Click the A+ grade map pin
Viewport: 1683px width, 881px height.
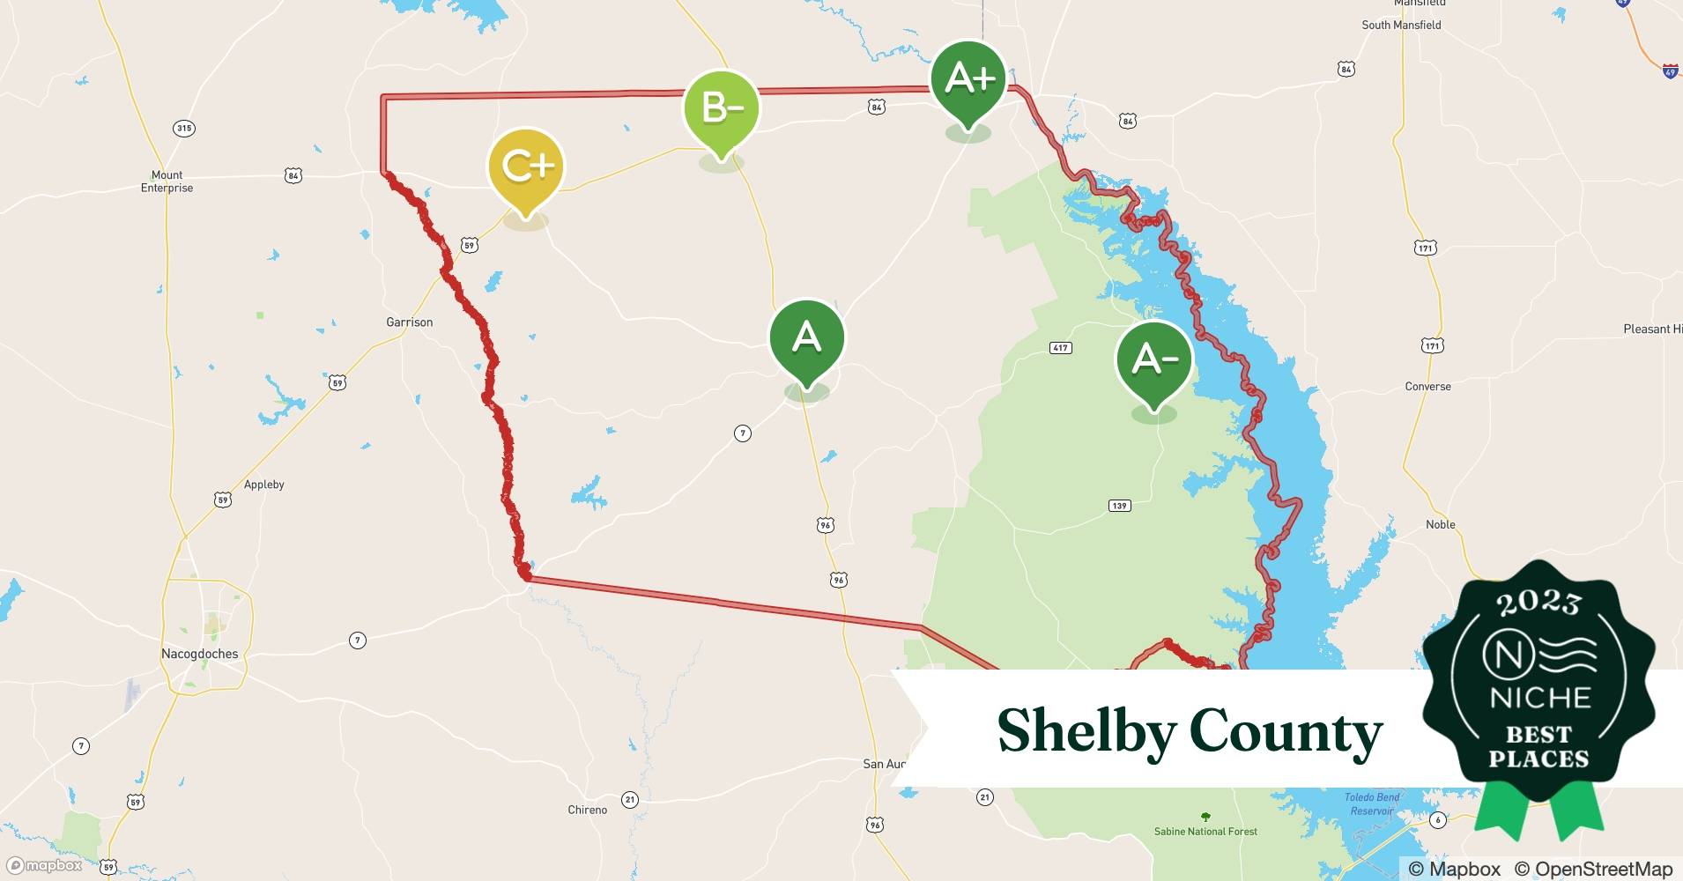(968, 81)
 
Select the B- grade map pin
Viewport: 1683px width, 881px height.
(722, 109)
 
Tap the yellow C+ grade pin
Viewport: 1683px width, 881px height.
(526, 167)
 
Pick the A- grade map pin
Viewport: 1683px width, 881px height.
(1153, 360)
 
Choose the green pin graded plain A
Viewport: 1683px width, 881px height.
(806, 338)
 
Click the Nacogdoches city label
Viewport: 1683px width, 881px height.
(199, 654)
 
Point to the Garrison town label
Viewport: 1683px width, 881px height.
(409, 322)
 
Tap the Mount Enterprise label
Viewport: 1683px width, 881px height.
(167, 181)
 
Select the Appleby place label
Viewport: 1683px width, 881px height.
(263, 485)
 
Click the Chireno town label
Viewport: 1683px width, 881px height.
(587, 810)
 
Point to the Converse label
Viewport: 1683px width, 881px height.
(1427, 387)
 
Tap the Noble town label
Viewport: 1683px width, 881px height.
(1440, 524)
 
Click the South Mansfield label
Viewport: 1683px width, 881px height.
(1401, 25)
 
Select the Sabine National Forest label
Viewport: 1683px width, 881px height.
(1205, 831)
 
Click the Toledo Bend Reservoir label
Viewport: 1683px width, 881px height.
(1371, 803)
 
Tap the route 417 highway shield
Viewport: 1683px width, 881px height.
(1060, 348)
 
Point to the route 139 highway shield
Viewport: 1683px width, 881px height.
(1119, 506)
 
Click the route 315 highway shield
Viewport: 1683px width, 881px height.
(183, 129)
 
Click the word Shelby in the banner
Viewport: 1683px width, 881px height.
(1086, 731)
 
